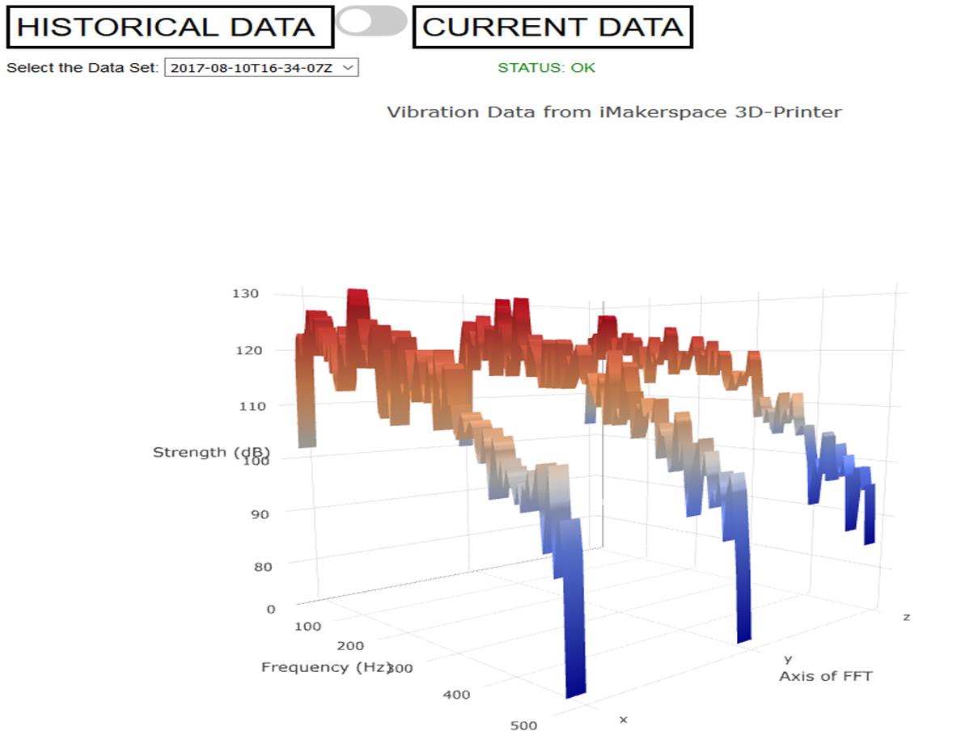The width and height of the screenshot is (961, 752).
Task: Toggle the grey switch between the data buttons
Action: (371, 21)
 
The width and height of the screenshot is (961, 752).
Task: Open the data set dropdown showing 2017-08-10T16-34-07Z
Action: (260, 68)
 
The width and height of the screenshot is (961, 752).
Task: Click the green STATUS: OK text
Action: (546, 68)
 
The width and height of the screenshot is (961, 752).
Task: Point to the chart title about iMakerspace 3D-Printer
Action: (614, 112)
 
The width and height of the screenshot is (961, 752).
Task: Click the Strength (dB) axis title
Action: (211, 452)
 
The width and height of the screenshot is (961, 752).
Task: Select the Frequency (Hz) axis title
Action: (326, 667)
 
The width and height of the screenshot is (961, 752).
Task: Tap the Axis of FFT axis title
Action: (825, 676)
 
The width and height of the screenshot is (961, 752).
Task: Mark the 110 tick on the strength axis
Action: (252, 406)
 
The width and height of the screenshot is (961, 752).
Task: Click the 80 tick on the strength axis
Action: (262, 566)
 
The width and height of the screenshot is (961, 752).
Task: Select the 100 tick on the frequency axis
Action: (307, 626)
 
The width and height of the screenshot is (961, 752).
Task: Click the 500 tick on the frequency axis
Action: (523, 725)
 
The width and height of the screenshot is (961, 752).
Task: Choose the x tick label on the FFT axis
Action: (623, 719)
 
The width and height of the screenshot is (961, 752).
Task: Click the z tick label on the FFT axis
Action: (906, 617)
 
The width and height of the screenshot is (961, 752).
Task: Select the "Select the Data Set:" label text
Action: (83, 68)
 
